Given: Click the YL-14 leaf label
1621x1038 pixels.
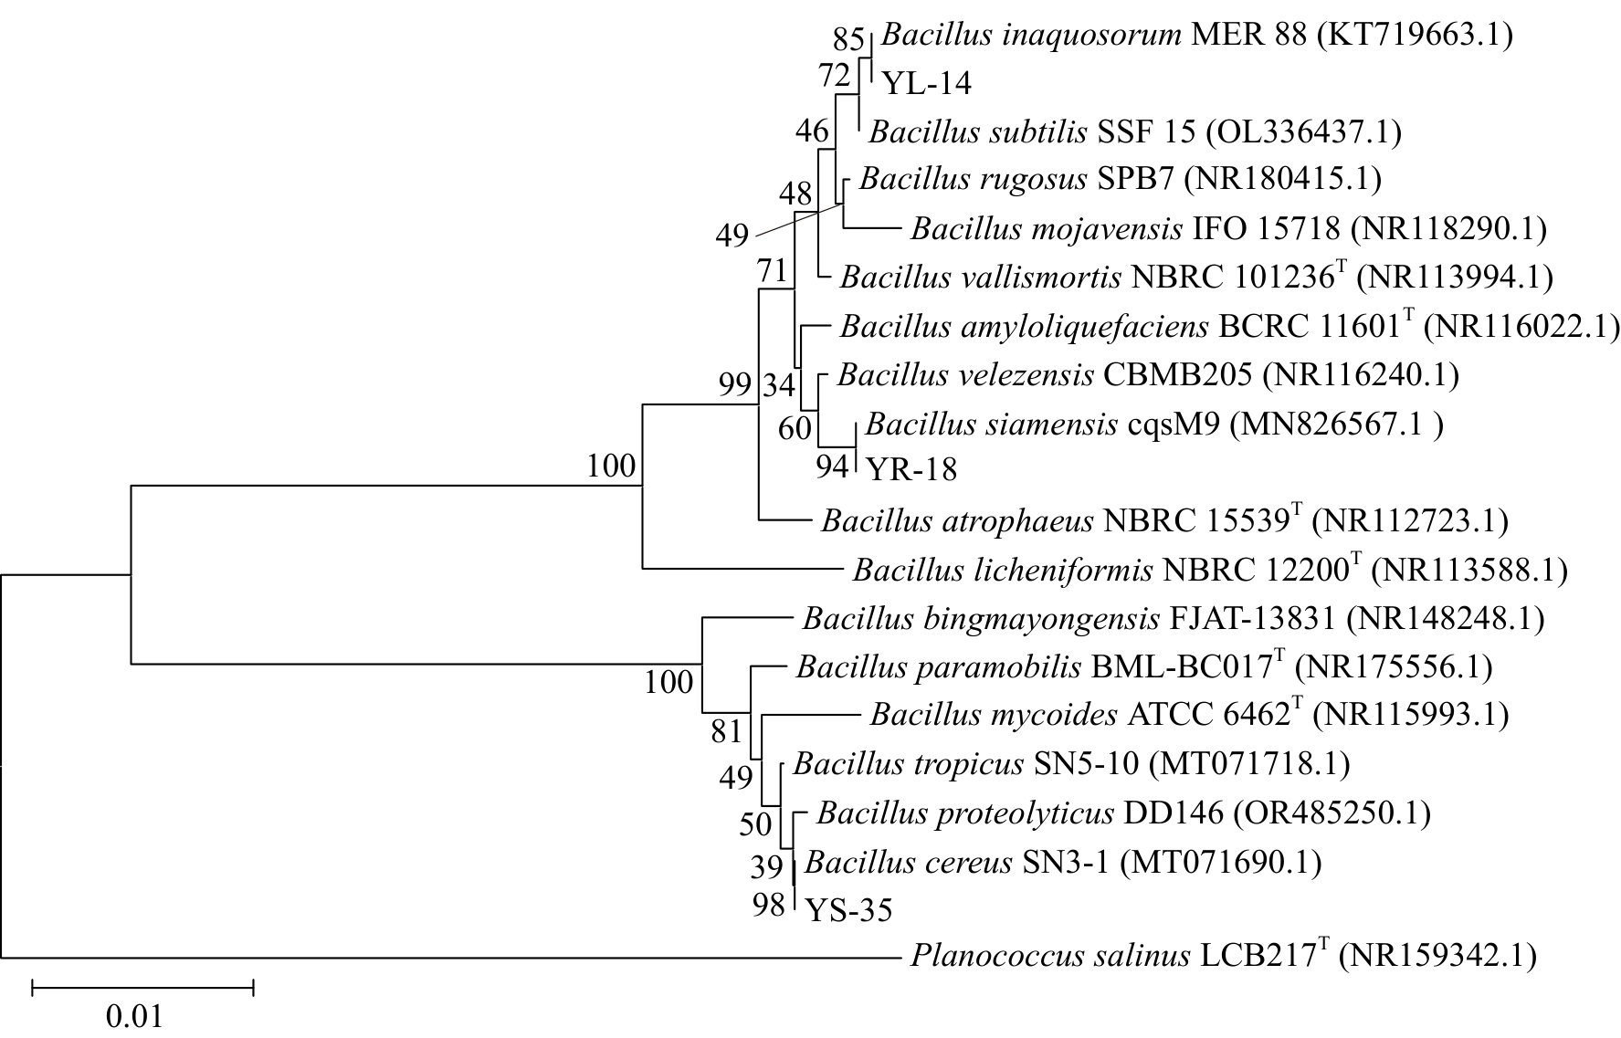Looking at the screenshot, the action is (x=926, y=84).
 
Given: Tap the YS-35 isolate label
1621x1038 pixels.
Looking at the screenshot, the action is (x=848, y=910).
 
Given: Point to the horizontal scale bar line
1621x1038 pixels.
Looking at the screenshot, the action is (x=143, y=986).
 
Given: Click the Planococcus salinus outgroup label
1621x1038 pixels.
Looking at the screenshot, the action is (x=1224, y=956).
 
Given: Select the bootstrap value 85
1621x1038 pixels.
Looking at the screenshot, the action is (x=848, y=39).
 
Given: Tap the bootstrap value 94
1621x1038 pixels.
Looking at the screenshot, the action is (x=833, y=467).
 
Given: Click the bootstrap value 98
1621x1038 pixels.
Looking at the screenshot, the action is (x=770, y=906).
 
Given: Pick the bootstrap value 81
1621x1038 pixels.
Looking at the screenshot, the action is (x=728, y=730).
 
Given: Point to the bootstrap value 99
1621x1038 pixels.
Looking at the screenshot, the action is (x=733, y=384).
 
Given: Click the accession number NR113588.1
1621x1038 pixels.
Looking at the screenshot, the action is (x=1471, y=571).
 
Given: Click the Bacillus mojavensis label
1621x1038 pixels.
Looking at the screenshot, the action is (x=1227, y=228).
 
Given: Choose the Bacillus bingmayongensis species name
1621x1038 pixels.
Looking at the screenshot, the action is (x=982, y=620).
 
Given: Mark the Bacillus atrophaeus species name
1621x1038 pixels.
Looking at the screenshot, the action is (x=957, y=521).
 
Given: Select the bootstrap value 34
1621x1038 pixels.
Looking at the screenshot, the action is (x=779, y=384).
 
